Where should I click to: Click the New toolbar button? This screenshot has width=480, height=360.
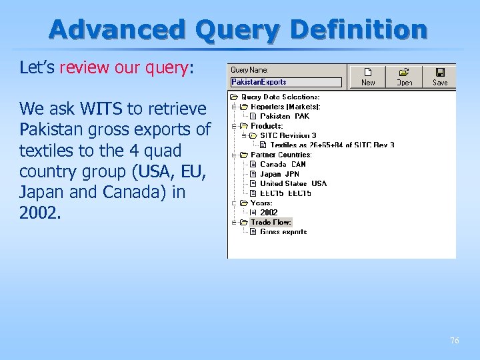tap(368, 76)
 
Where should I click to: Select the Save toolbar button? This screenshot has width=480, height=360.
tap(440, 76)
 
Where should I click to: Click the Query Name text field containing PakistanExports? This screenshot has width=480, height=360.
tap(286, 82)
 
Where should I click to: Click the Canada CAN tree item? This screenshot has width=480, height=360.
tap(283, 164)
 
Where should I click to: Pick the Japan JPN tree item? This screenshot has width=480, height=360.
tap(280, 174)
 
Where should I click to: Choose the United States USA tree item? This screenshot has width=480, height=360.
tap(293, 183)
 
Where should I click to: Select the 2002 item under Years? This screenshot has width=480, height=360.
tap(269, 213)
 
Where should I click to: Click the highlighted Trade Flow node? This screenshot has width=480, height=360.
tap(271, 222)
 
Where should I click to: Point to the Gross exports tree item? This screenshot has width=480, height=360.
tap(283, 232)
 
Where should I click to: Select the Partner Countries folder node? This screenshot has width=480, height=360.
tap(281, 155)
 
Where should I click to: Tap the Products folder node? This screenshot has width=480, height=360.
tap(267, 125)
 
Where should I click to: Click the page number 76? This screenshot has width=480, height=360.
tap(454, 341)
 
